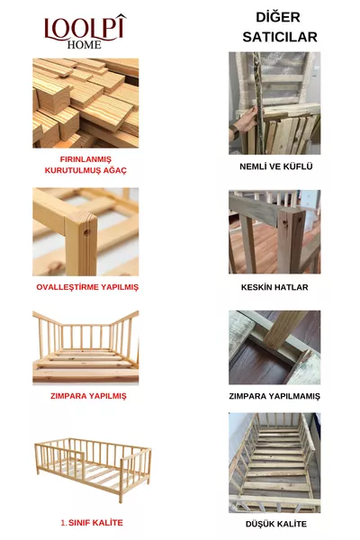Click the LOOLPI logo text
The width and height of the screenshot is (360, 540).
[x=85, y=27]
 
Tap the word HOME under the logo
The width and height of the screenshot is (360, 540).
[x=85, y=44]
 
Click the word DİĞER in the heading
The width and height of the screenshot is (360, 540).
[x=278, y=17]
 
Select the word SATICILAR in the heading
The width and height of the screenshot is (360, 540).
[x=279, y=37]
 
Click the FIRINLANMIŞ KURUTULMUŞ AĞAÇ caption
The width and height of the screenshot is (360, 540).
[x=86, y=165]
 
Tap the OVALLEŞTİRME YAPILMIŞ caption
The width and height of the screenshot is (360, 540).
[x=86, y=287]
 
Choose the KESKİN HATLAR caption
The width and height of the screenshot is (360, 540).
[x=275, y=287]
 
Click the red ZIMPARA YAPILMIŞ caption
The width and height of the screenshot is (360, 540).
[x=87, y=395]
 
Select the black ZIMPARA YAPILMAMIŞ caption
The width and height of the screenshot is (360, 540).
[x=275, y=396]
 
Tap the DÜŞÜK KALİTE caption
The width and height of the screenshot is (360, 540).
[x=274, y=524]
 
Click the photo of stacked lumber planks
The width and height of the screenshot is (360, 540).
[x=85, y=103]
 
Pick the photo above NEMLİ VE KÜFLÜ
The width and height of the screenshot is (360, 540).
[x=274, y=103]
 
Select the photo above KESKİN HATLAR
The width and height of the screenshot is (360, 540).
[x=274, y=231]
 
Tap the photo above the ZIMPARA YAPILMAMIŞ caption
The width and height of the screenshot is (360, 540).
[x=274, y=347]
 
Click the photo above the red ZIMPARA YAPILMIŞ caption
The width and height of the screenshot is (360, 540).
[x=85, y=347]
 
